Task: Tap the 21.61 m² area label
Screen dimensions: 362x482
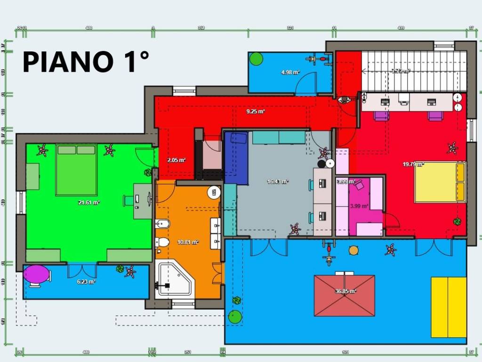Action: click(88, 203)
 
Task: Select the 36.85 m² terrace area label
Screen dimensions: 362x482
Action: click(345, 291)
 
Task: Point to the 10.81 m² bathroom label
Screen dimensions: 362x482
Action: click(187, 242)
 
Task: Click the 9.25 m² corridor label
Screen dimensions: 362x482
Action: click(256, 112)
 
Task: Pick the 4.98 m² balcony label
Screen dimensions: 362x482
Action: click(290, 72)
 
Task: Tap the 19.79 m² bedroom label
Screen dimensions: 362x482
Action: click(413, 165)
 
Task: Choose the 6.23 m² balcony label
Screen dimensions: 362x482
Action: click(86, 282)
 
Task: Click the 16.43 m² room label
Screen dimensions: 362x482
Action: click(277, 181)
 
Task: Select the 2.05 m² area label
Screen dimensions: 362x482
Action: click(176, 160)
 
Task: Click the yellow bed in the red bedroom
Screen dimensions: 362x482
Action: click(440, 182)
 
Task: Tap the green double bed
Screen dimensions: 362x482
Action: click(76, 170)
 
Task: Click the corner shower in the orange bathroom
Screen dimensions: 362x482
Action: click(175, 280)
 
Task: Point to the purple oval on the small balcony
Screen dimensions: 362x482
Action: click(37, 274)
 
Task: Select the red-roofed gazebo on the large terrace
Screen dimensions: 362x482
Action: click(345, 296)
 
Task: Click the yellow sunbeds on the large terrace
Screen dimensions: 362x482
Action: click(449, 307)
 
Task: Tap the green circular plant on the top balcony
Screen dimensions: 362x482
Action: click(256, 59)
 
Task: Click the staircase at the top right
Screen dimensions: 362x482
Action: click(414, 71)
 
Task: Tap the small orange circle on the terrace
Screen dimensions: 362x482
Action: click(353, 251)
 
